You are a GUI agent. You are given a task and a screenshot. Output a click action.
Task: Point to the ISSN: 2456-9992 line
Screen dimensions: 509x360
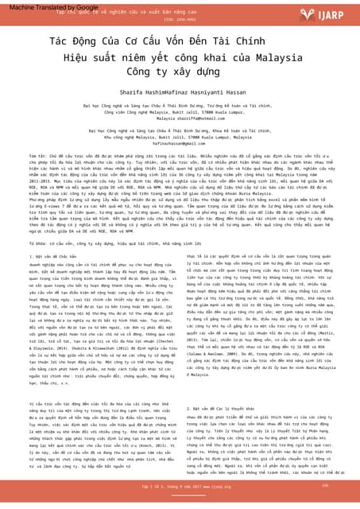(x=180, y=19)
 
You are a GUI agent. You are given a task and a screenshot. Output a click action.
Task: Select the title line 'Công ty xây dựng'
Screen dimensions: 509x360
(x=180, y=72)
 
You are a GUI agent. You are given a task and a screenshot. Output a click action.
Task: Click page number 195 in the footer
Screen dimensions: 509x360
(x=324, y=484)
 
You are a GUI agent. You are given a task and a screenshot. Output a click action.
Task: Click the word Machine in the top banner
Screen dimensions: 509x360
(x=17, y=6)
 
